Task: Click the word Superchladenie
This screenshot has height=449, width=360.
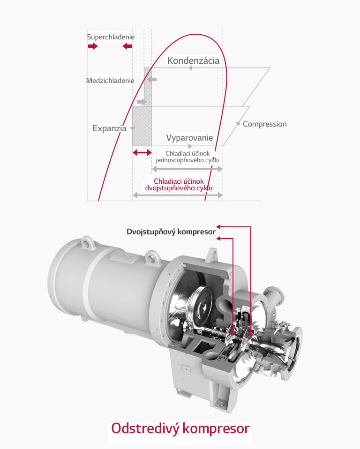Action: pos(111,37)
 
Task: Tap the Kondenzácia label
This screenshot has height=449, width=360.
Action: pos(193,60)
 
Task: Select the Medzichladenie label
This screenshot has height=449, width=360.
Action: pos(110,81)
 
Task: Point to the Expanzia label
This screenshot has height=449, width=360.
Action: pos(110,128)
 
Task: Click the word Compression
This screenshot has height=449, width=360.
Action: pos(264,124)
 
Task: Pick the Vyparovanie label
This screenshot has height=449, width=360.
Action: pos(189,138)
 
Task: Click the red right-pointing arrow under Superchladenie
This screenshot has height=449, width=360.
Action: pos(93,46)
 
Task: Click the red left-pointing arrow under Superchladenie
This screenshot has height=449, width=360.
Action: pos(127,46)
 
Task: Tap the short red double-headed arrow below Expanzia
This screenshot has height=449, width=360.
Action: pos(142,153)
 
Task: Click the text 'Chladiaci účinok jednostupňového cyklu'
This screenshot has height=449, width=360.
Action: pos(188,157)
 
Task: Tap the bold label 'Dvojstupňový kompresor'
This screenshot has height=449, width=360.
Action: pos(171,232)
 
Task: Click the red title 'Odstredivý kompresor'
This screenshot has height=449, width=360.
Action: pos(180,428)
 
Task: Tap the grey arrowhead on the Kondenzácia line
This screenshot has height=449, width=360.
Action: pos(190,68)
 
